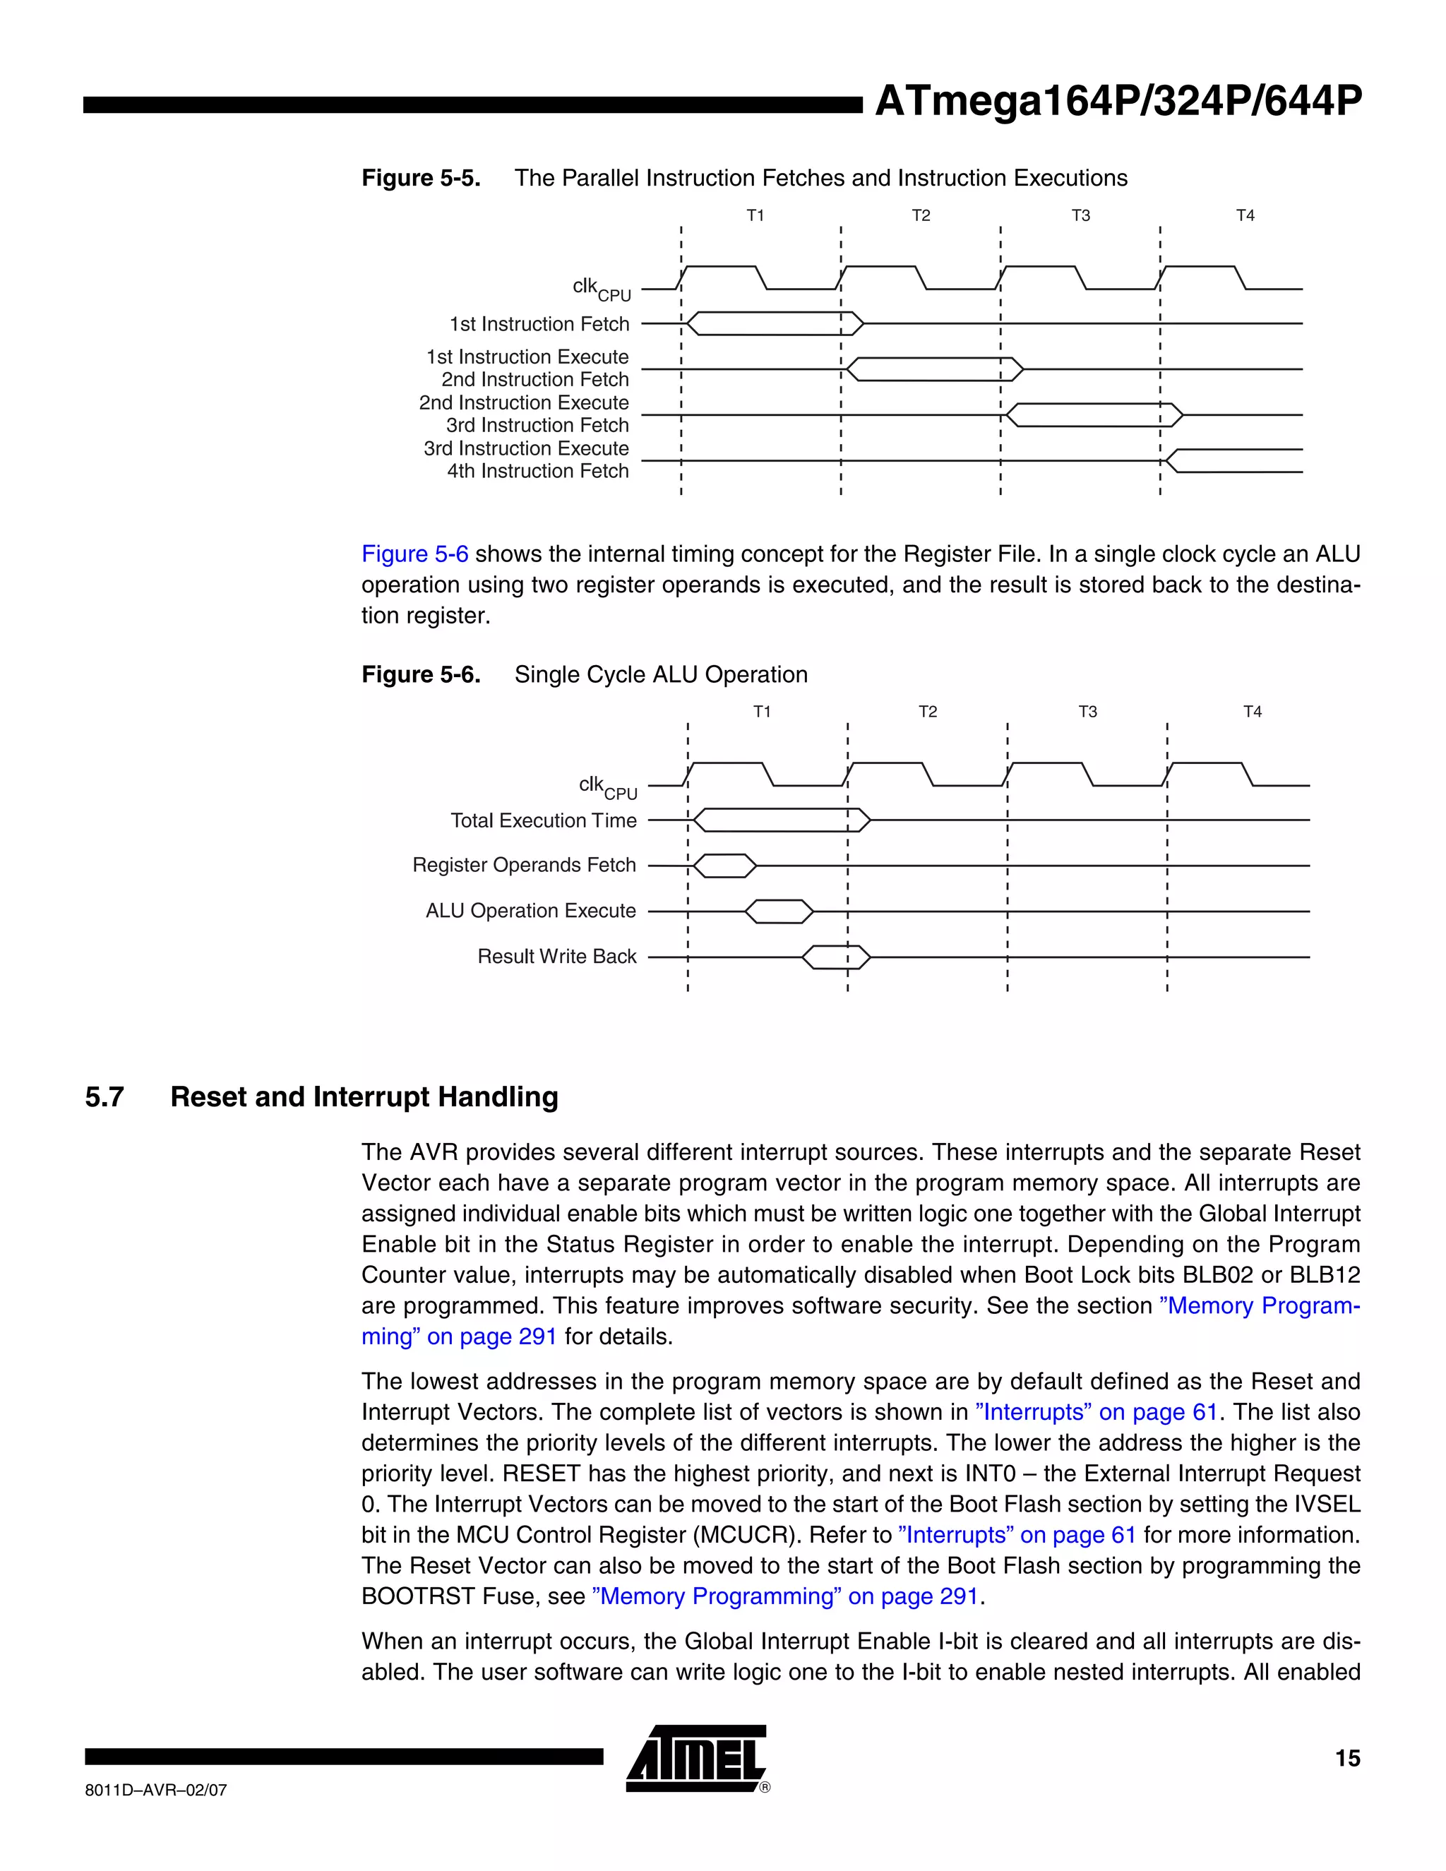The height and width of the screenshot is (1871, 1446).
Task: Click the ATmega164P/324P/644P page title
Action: (1118, 102)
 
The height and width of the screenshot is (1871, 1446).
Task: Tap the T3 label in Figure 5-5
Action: (1080, 215)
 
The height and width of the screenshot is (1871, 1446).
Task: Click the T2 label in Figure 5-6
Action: (928, 711)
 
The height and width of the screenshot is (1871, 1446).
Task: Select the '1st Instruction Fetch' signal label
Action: (539, 324)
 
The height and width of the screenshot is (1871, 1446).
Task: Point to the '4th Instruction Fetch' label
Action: (537, 471)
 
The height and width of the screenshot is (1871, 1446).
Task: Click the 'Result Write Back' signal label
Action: (557, 956)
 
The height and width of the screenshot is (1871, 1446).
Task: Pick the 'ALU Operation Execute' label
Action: (530, 911)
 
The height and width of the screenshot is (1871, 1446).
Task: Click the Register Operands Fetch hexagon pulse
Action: (724, 866)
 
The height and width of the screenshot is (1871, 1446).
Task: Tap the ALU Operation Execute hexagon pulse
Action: (779, 911)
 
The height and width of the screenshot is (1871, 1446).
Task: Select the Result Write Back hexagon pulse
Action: (836, 957)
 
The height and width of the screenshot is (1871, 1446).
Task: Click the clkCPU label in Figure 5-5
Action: (601, 289)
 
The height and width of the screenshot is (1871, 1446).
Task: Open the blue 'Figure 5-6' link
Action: (414, 554)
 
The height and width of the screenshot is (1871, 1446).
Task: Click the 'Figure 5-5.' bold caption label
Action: (421, 178)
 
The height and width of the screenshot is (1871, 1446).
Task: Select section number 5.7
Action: (104, 1096)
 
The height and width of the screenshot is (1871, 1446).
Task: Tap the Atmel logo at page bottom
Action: (695, 1759)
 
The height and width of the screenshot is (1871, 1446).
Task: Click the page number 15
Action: (1346, 1758)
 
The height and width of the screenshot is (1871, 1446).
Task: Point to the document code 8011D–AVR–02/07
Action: (156, 1790)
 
